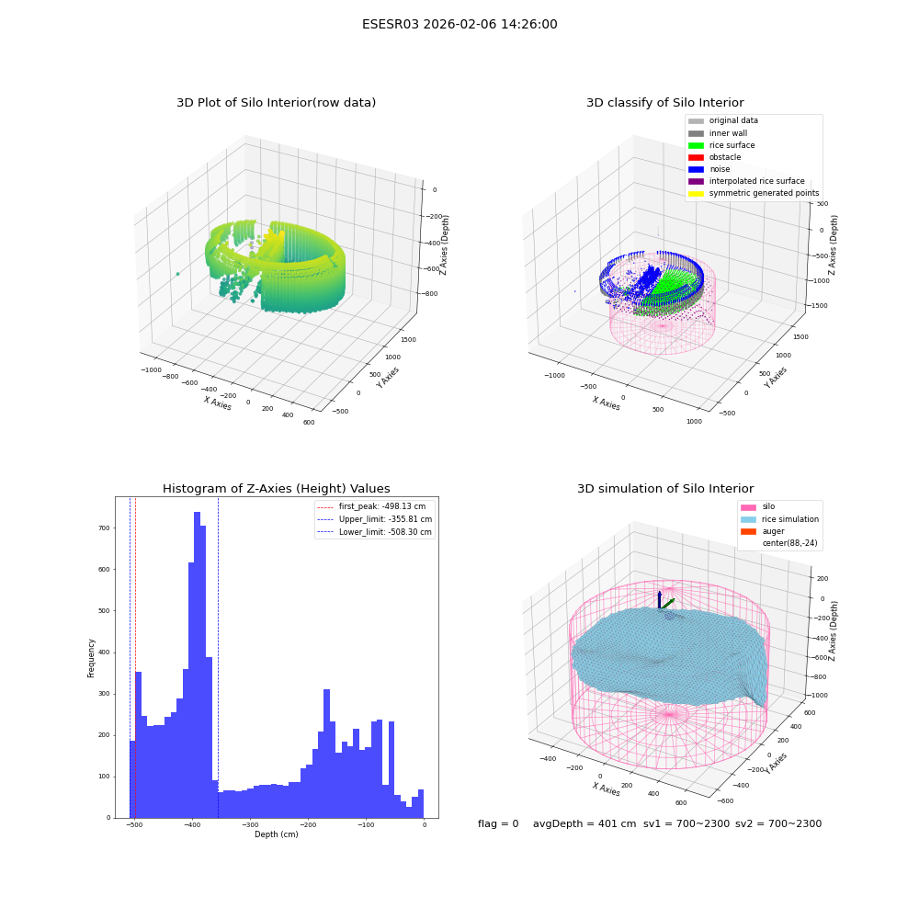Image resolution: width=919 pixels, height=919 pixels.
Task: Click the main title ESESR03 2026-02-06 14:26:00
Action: click(x=459, y=24)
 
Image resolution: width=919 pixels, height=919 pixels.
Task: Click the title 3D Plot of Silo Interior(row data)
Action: click(x=276, y=103)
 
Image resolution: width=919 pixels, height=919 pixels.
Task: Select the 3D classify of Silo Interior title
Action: click(x=665, y=103)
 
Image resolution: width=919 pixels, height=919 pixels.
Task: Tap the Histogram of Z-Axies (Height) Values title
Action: click(x=276, y=488)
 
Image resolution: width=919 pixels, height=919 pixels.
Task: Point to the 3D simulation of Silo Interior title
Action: click(x=665, y=488)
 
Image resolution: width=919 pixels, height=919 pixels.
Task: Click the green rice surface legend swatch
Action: click(x=696, y=145)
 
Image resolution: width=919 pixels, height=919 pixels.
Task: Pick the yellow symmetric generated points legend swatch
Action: click(x=696, y=193)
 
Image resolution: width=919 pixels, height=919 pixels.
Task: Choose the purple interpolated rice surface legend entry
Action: click(x=746, y=181)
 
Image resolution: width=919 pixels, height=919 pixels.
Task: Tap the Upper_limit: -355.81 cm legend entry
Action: click(x=375, y=519)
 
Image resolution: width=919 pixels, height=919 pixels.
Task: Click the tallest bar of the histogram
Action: click(x=197, y=664)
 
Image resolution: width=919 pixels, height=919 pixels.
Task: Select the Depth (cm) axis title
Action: click(x=276, y=834)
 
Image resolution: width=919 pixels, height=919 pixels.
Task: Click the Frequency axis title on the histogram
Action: click(x=91, y=658)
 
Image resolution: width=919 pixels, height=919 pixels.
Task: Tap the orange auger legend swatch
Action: click(x=748, y=531)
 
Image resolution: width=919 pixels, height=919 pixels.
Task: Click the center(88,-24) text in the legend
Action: click(x=789, y=543)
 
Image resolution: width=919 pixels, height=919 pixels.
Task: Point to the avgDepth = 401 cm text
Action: click(x=584, y=823)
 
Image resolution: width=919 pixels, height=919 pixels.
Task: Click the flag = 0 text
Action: click(x=498, y=823)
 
